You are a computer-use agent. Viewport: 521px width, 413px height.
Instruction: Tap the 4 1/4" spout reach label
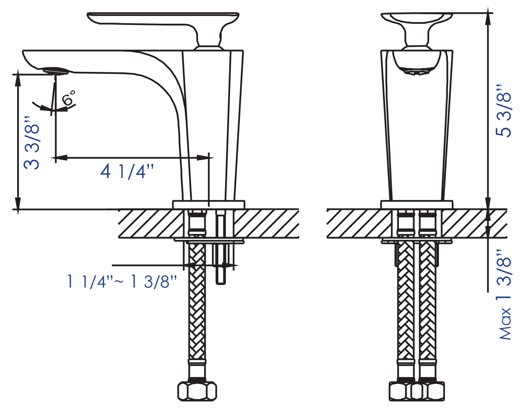[127, 171]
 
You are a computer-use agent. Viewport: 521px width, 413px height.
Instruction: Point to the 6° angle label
[68, 98]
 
